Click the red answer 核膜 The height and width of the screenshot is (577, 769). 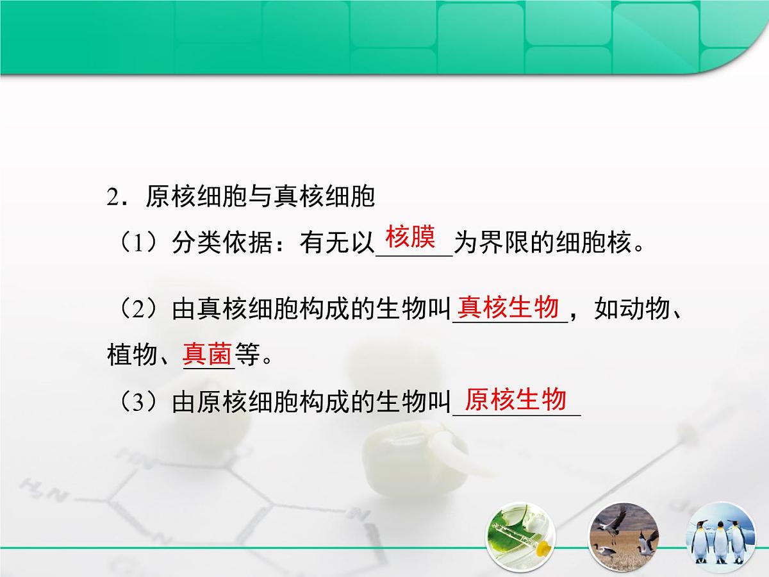pyautogui.click(x=411, y=238)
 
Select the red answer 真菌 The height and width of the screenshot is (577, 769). pyautogui.click(x=208, y=353)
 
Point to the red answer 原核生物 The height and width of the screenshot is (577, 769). pyautogui.click(x=516, y=399)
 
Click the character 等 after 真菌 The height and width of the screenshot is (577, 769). pyautogui.click(x=247, y=355)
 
